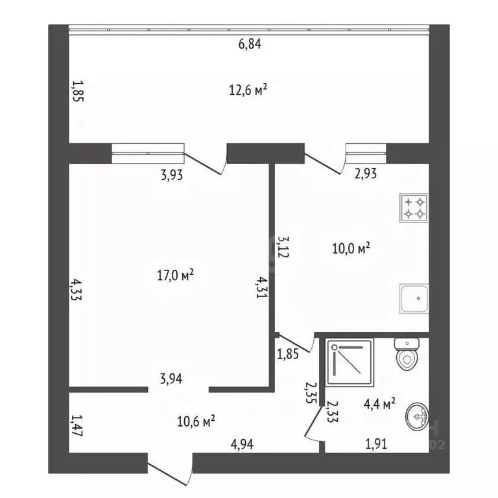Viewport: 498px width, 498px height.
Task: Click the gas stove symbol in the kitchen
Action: pyautogui.click(x=414, y=208)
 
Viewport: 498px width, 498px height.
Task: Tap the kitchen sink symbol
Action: pyautogui.click(x=414, y=298)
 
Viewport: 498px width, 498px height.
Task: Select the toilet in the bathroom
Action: pyautogui.click(x=407, y=354)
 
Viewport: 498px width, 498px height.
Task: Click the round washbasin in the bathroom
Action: pyautogui.click(x=418, y=417)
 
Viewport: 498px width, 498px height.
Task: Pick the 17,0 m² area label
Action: pyautogui.click(x=176, y=275)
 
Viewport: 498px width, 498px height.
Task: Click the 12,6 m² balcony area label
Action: pyautogui.click(x=248, y=90)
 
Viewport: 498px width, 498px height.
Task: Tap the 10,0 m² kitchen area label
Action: pyautogui.click(x=351, y=248)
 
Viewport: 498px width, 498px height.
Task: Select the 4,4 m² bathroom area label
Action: pyautogui.click(x=379, y=405)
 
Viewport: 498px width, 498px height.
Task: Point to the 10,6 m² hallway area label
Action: pyautogui.click(x=196, y=421)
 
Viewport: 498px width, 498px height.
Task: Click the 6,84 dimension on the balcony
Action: pyautogui.click(x=250, y=44)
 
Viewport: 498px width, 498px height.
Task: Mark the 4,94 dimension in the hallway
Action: pyautogui.click(x=242, y=444)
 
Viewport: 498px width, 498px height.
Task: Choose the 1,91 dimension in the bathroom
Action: pyautogui.click(x=376, y=444)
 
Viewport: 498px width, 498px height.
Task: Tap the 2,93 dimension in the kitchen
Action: pyautogui.click(x=366, y=174)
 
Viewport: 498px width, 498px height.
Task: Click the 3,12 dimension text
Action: pyautogui.click(x=283, y=246)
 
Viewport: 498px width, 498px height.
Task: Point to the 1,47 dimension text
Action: pyautogui.click(x=77, y=425)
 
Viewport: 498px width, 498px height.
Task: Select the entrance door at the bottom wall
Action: pyautogui.click(x=171, y=469)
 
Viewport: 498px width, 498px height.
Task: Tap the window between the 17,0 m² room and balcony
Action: pyautogui.click(x=148, y=154)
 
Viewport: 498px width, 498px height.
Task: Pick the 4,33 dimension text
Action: pyautogui.click(x=77, y=289)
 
